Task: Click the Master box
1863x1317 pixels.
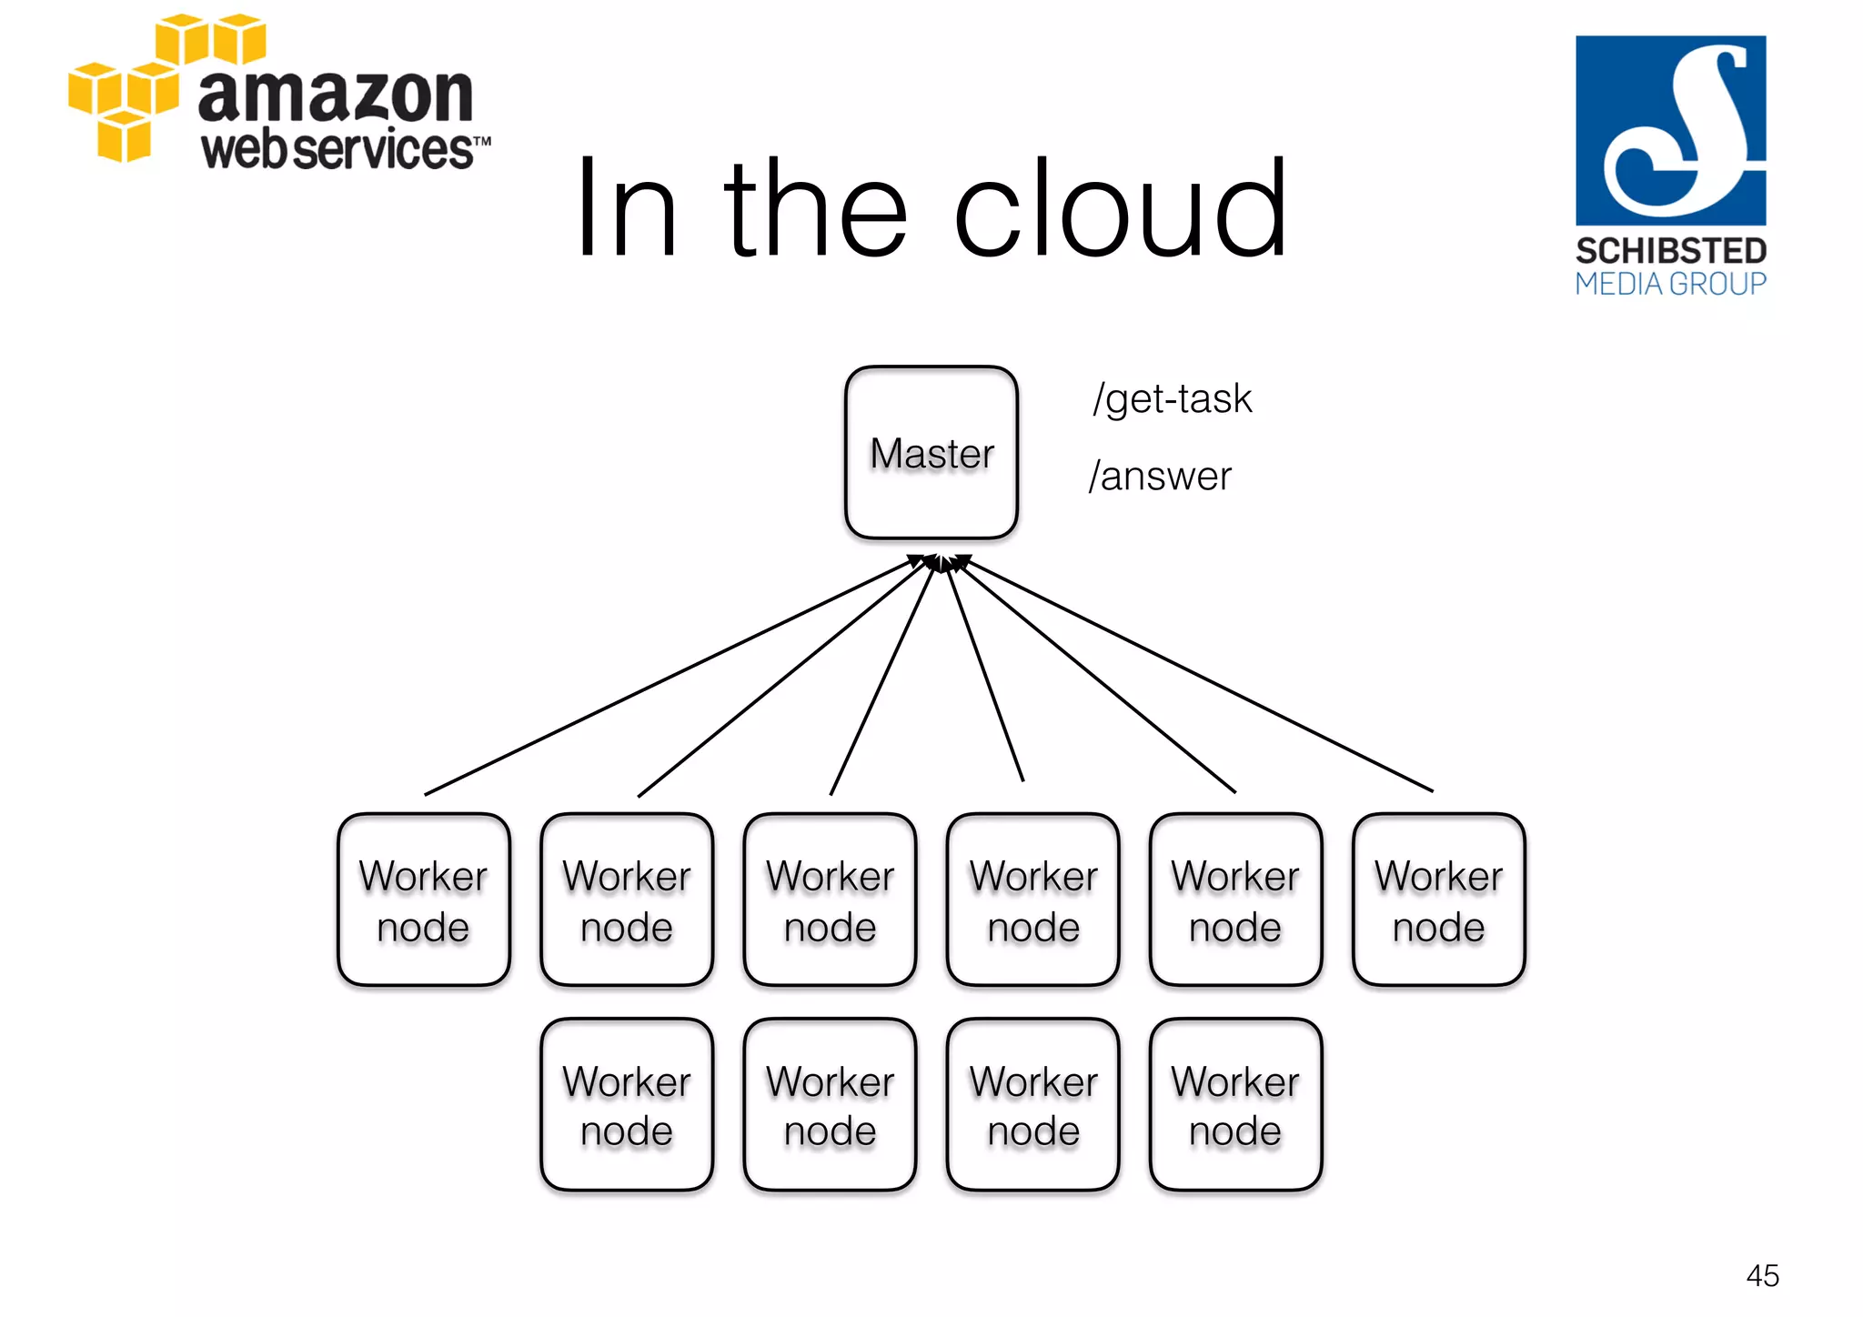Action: pos(931,452)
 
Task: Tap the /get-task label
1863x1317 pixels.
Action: pos(1172,399)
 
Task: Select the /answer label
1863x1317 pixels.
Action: pos(1160,477)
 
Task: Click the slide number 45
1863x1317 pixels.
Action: pos(1762,1275)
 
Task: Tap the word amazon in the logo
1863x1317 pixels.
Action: pos(335,95)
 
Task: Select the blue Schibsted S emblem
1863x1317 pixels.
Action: pos(1670,130)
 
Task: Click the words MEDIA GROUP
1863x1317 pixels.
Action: pos(1670,285)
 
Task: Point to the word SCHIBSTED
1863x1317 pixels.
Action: pos(1670,251)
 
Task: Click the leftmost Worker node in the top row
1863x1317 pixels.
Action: pos(423,900)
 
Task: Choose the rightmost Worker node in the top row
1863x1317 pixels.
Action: pos(1438,900)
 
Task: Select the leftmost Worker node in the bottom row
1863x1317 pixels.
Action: pos(627,1104)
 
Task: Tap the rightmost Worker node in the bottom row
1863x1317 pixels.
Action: pos(1235,1104)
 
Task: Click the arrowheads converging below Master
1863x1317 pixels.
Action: pos(941,562)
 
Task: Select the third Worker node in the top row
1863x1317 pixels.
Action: pos(830,900)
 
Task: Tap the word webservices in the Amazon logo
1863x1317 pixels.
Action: pos(337,150)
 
